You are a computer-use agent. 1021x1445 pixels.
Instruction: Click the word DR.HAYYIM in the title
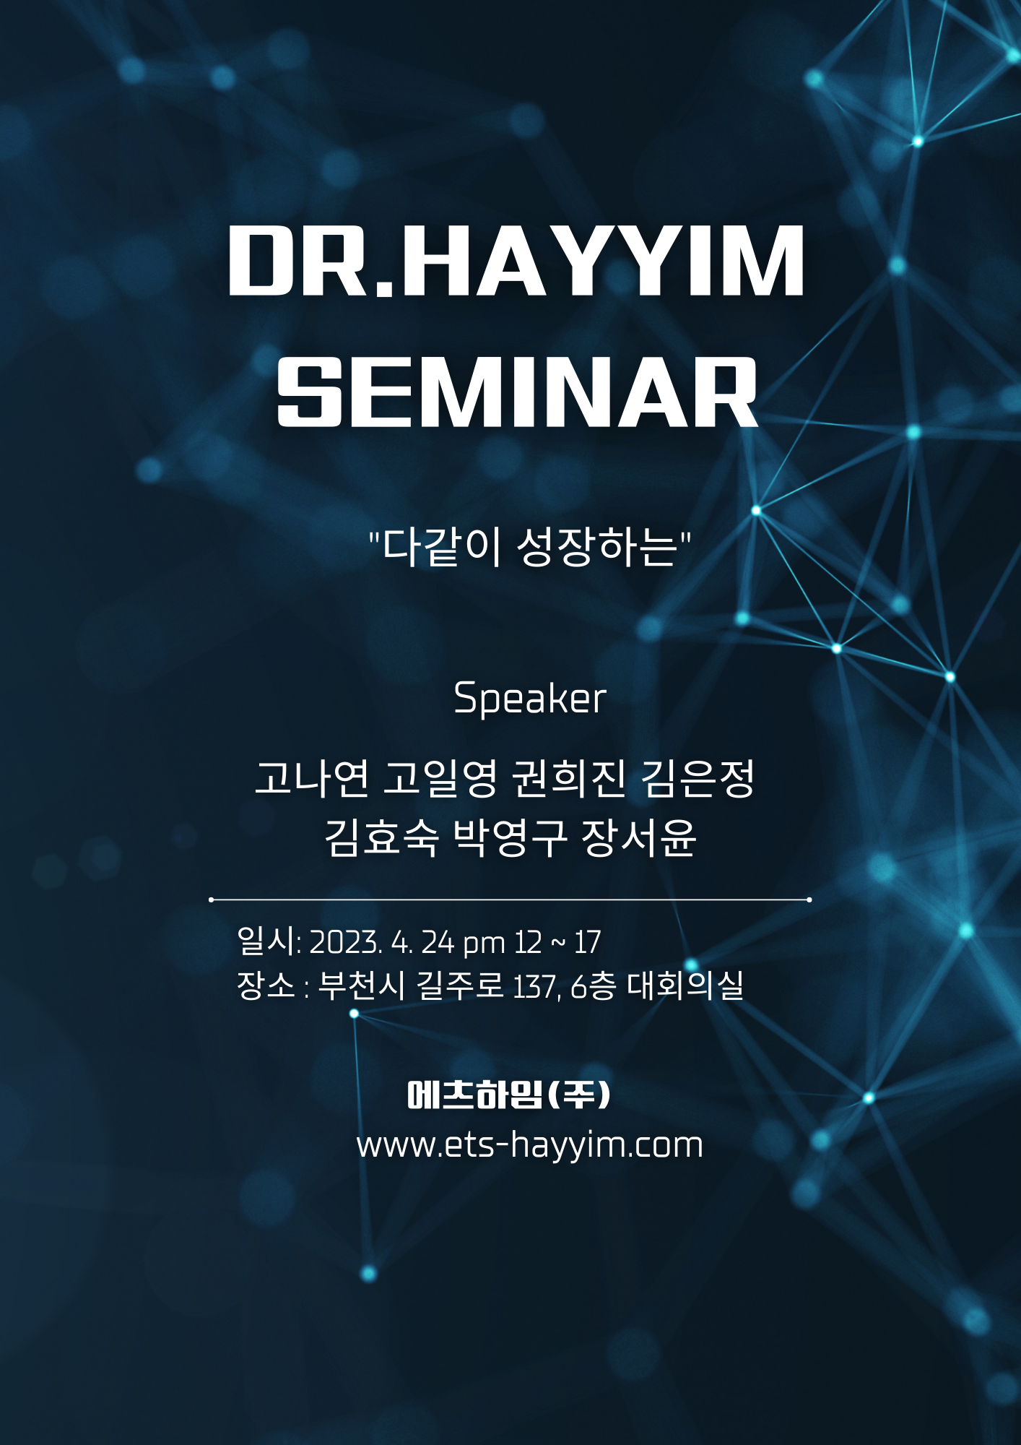(516, 260)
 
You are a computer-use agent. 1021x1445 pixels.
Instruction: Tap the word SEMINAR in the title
(517, 392)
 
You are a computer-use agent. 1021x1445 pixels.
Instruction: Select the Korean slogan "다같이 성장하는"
(530, 547)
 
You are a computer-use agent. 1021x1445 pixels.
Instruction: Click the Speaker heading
(529, 699)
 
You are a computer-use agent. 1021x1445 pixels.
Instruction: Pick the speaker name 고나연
(312, 778)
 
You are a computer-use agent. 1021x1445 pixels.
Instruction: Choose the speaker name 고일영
(440, 778)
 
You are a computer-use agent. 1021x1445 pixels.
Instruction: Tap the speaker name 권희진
(568, 778)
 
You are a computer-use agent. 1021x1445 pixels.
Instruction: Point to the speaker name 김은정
(698, 778)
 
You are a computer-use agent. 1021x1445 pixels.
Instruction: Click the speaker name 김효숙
(381, 837)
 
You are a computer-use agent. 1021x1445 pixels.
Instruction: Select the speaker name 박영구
(510, 837)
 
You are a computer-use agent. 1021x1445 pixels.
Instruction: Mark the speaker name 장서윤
(639, 837)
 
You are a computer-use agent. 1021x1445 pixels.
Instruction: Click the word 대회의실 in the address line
(685, 985)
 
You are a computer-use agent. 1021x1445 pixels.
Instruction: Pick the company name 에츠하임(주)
(510, 1095)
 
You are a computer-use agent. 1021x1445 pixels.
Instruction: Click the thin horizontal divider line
(510, 900)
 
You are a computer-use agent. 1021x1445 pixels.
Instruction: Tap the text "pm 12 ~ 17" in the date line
(531, 943)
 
